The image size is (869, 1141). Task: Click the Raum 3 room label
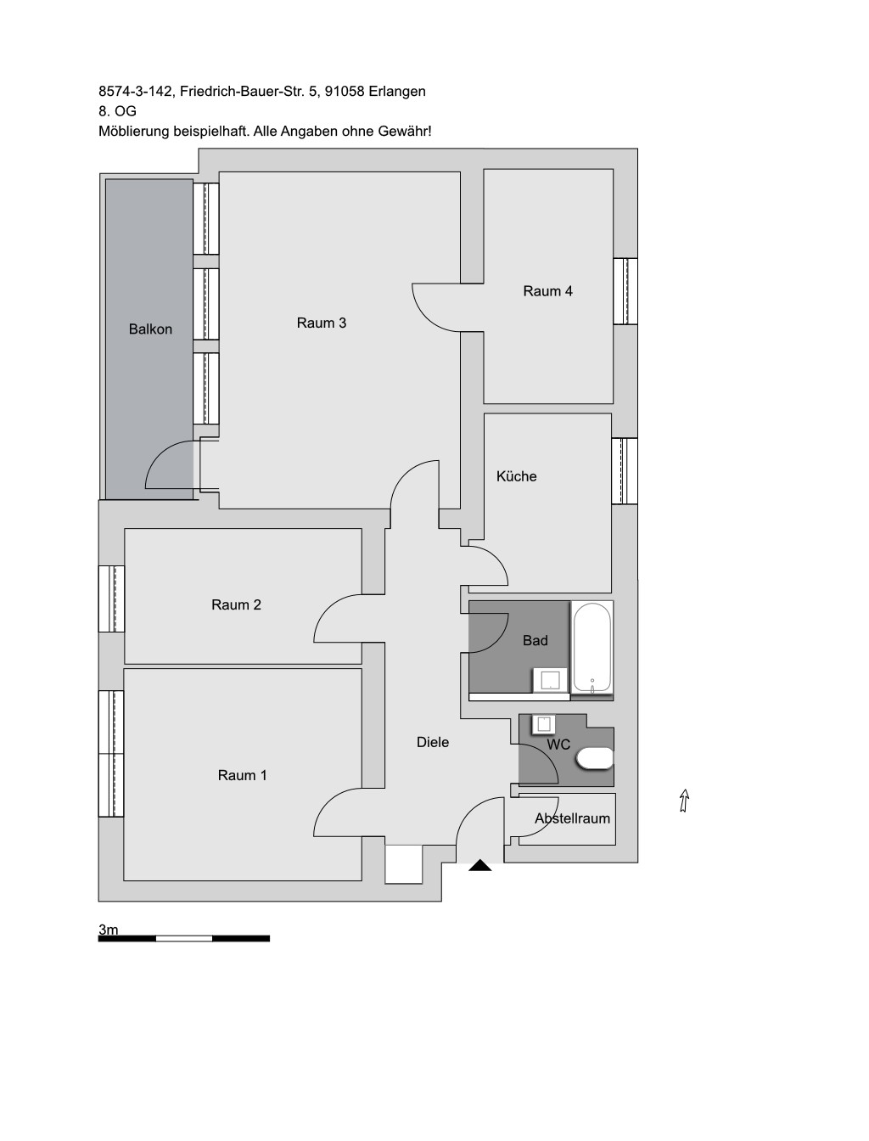pos(321,323)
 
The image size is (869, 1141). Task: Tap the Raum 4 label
pos(547,291)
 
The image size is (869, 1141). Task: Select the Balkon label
pos(150,329)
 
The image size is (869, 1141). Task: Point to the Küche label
pos(516,476)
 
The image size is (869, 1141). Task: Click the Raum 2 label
pos(236,604)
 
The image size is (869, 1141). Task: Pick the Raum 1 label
pos(242,775)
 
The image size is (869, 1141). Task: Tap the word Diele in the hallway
pos(433,742)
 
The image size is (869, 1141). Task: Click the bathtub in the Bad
pos(591,647)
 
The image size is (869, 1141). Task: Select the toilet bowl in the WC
pos(595,758)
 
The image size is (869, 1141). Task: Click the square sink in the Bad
pos(551,681)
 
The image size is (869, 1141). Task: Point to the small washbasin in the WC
pos(544,724)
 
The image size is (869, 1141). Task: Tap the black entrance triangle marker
pos(480,865)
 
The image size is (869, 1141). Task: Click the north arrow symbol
pos(684,801)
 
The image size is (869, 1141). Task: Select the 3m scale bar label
pos(108,930)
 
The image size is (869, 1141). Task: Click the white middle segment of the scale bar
pos(184,938)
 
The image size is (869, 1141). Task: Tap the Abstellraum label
pos(573,818)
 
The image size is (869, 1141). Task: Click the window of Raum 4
pos(625,291)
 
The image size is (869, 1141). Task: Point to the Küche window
pos(625,471)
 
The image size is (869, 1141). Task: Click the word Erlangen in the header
pos(397,92)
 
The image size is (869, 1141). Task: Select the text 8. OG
pos(117,111)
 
